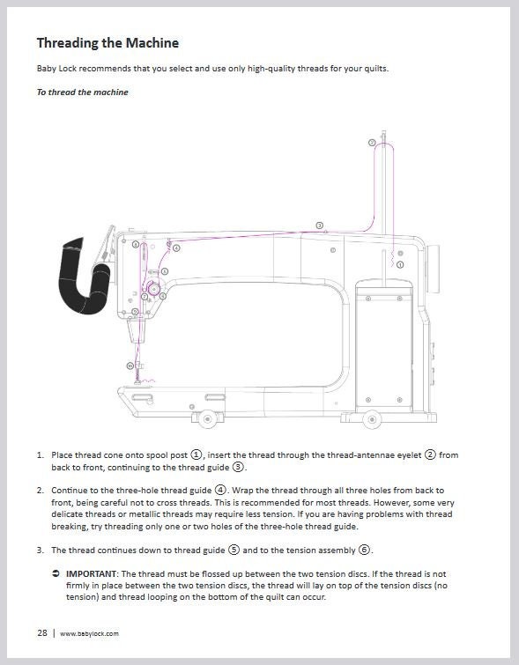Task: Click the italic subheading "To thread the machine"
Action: [x=82, y=92]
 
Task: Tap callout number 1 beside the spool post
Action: [x=400, y=264]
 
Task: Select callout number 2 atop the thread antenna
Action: [x=372, y=142]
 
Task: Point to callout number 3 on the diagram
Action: [x=319, y=225]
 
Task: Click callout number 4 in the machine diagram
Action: [x=176, y=248]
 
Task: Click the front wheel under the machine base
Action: [x=208, y=417]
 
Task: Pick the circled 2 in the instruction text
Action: [x=431, y=454]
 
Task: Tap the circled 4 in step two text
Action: [x=221, y=490]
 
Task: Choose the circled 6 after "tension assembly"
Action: [x=364, y=550]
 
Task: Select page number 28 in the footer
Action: [x=41, y=633]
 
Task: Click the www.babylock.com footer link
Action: [x=89, y=633]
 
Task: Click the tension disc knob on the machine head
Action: [x=153, y=288]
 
